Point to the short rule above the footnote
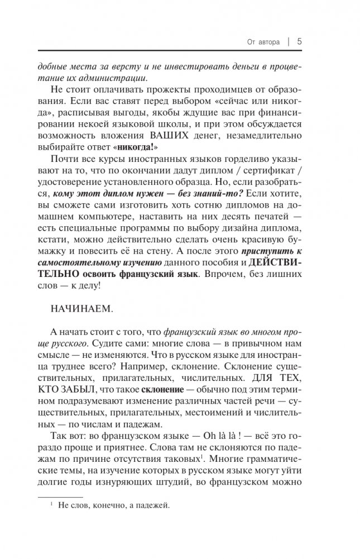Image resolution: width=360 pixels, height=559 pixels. click(x=60, y=495)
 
